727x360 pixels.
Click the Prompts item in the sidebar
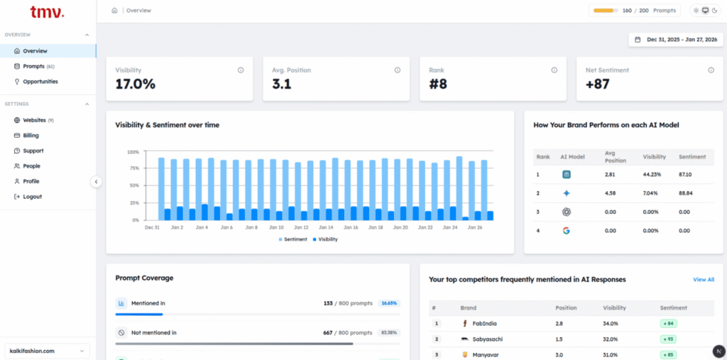coord(34,66)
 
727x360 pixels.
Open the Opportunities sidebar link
coord(40,82)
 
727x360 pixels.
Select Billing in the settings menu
coord(31,136)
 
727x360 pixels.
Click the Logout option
coord(32,197)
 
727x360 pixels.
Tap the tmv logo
coord(47,12)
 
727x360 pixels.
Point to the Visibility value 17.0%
coord(136,85)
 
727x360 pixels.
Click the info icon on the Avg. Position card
coord(397,70)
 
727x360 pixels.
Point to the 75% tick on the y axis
coord(133,169)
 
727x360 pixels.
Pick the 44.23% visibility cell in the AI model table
coord(652,174)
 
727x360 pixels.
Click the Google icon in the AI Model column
coord(567,231)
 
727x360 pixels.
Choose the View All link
coord(703,280)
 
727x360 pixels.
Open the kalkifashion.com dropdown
coord(48,351)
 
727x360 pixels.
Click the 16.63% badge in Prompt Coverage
coord(388,303)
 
